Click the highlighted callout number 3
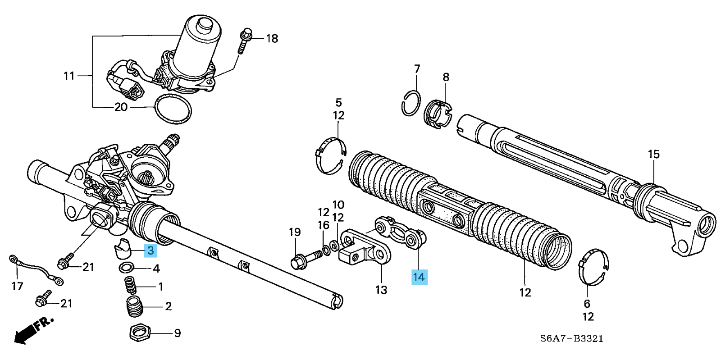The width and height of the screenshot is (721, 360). pyautogui.click(x=150, y=250)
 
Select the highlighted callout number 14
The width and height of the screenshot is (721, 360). pyautogui.click(x=419, y=277)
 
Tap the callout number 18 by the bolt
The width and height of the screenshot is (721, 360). pyautogui.click(x=272, y=39)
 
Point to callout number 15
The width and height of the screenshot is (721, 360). pyautogui.click(x=653, y=155)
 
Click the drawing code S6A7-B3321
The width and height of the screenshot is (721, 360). pyautogui.click(x=572, y=338)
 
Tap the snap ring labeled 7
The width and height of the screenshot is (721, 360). pyautogui.click(x=411, y=103)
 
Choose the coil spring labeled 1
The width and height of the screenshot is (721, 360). pyautogui.click(x=131, y=285)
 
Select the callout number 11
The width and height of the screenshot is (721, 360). pyautogui.click(x=69, y=76)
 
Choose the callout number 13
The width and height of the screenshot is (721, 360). pyautogui.click(x=381, y=290)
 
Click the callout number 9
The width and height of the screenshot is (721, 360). pyautogui.click(x=178, y=333)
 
